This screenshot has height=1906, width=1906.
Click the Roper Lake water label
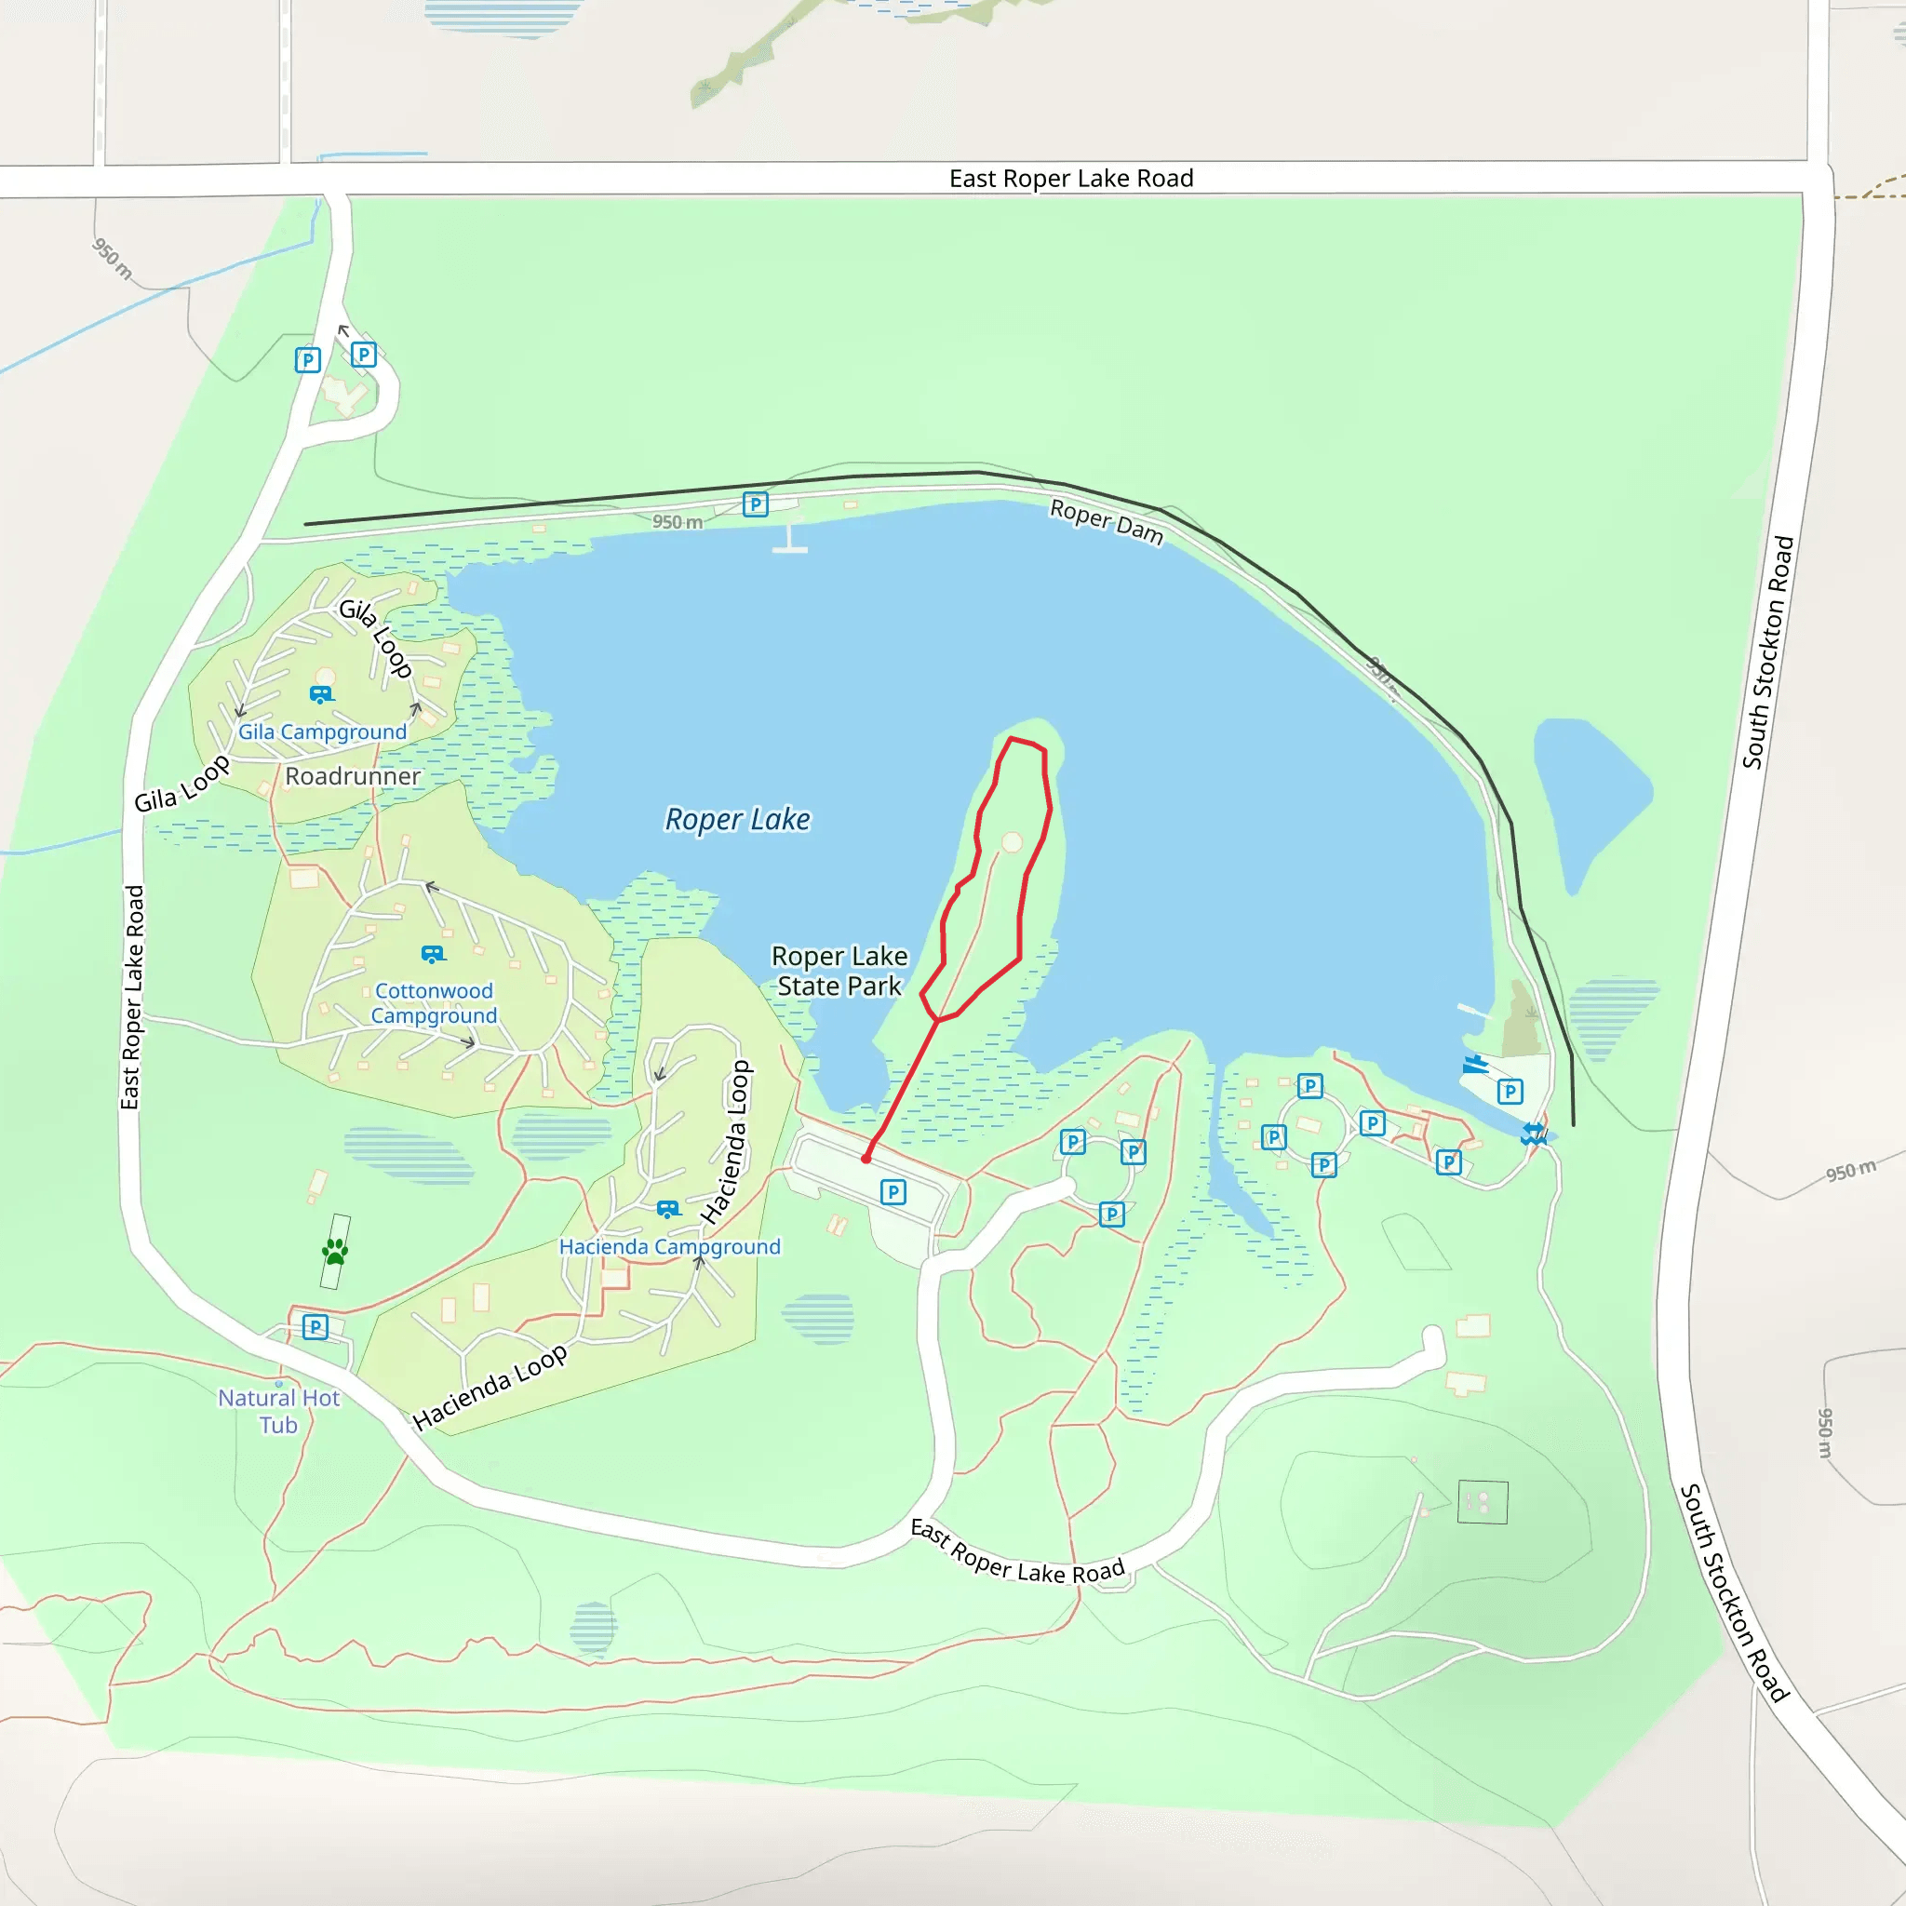(x=737, y=819)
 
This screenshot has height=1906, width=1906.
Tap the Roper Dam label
(x=1106, y=521)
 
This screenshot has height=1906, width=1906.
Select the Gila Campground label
(x=322, y=732)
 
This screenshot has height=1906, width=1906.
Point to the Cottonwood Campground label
(x=433, y=1002)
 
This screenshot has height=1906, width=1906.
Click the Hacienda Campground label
(x=669, y=1246)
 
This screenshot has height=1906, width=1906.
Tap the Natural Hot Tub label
(x=278, y=1411)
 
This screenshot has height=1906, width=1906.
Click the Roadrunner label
(x=352, y=776)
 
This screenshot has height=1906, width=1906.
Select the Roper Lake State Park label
(x=839, y=971)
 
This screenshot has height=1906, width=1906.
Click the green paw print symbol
(x=335, y=1251)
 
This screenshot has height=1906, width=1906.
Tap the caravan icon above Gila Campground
(x=321, y=694)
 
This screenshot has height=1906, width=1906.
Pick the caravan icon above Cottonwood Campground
(x=432, y=954)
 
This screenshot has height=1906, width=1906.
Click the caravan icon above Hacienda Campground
(x=668, y=1209)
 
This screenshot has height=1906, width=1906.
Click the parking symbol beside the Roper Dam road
(x=755, y=505)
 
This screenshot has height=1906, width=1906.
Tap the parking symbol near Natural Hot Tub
(x=315, y=1327)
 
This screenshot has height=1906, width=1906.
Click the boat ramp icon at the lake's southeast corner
(x=1475, y=1064)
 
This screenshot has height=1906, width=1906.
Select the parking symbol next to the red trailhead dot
(x=893, y=1192)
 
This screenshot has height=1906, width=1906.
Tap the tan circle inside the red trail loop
(x=1012, y=842)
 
